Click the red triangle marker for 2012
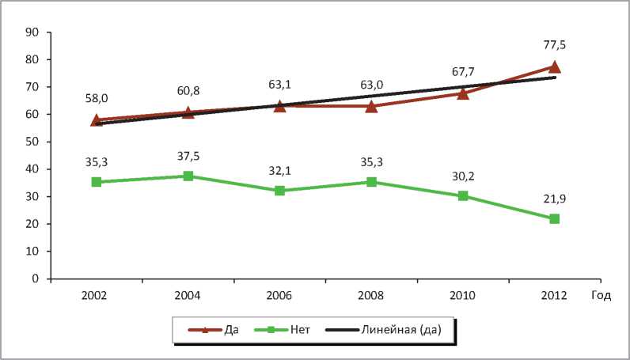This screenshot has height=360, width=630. pyautogui.click(x=554, y=67)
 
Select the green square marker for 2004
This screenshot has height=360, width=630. pyautogui.click(x=188, y=176)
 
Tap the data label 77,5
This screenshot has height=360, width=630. pyautogui.click(x=554, y=45)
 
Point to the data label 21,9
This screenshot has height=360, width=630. pyautogui.click(x=554, y=198)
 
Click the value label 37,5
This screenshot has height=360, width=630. pyautogui.click(x=188, y=156)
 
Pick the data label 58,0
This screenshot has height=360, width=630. pyautogui.click(x=97, y=100)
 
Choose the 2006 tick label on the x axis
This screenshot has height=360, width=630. pyautogui.click(x=279, y=296)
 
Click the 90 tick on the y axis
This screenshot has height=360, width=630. pyautogui.click(x=33, y=32)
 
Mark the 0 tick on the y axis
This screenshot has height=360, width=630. pyautogui.click(x=36, y=279)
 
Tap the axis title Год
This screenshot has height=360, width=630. pyautogui.click(x=601, y=296)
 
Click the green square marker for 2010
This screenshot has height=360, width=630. pyautogui.click(x=463, y=196)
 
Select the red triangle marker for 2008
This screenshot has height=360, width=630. pyautogui.click(x=371, y=106)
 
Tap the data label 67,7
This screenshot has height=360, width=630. pyautogui.click(x=463, y=73)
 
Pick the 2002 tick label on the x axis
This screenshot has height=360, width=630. pyautogui.click(x=97, y=296)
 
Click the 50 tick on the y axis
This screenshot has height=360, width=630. pyautogui.click(x=33, y=142)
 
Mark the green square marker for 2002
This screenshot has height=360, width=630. pyautogui.click(x=97, y=182)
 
